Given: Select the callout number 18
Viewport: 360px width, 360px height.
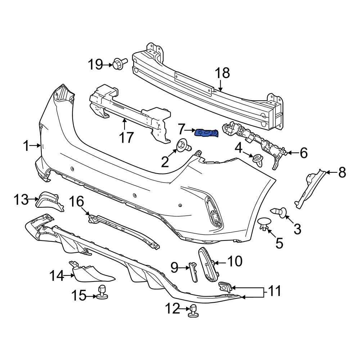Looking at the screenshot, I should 222,73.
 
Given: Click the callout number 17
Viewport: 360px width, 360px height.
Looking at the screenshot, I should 126,137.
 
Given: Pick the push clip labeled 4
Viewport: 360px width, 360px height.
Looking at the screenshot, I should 258,159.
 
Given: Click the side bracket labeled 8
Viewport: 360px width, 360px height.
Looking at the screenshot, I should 309,189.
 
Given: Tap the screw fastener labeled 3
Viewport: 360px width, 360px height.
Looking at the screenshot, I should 279,212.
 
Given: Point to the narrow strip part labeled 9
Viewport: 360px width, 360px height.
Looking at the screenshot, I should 193,272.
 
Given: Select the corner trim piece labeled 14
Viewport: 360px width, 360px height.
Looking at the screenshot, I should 92,274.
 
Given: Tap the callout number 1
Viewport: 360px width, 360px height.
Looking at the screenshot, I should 26,146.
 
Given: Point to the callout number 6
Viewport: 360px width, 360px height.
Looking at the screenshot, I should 303,153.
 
